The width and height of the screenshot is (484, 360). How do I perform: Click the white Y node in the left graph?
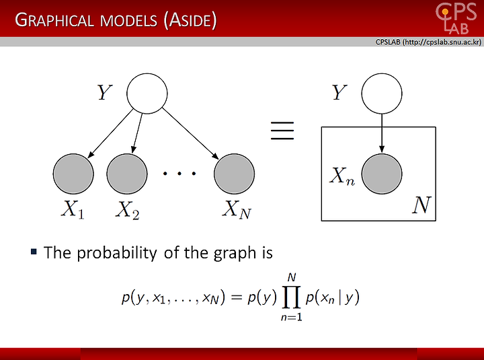point(147,94)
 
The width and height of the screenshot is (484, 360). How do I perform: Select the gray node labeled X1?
point(73,174)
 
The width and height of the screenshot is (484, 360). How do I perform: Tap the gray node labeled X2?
point(127,174)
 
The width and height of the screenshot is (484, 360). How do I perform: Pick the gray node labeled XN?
point(235,174)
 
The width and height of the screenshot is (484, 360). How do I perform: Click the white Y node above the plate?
point(382,94)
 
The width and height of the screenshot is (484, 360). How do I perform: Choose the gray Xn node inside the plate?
point(382,174)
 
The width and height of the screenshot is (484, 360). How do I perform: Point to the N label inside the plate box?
point(421,205)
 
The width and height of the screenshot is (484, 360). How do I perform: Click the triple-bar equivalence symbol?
point(282,131)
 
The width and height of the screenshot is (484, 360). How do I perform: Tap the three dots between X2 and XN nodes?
point(179,174)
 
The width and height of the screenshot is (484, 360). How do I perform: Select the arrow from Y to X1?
point(110,133)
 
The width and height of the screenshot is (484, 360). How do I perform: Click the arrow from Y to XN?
point(190,133)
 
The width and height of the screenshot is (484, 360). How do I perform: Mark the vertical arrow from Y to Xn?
point(382,133)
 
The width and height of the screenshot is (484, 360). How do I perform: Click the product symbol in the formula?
point(291,298)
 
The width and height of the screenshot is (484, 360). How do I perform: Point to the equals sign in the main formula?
point(236,297)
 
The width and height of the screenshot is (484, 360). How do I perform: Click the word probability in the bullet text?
point(117,253)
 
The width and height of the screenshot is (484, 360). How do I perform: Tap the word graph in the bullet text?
point(235,254)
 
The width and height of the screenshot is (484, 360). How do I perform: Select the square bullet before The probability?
point(34,252)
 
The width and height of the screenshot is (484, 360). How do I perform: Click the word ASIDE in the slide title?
point(190,20)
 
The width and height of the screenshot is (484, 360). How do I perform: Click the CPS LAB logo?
point(456,19)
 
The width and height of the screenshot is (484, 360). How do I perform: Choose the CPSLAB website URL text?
point(428,42)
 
